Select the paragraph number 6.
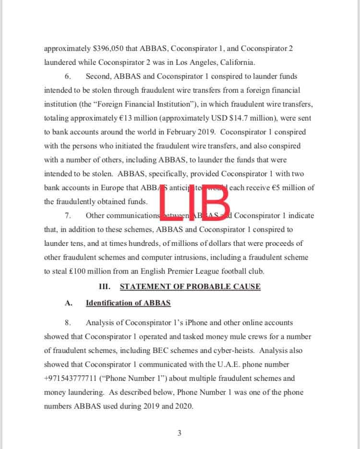click(x=68, y=76)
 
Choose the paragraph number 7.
click(x=68, y=216)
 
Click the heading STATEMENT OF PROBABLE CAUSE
click(x=190, y=287)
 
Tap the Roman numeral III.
click(x=105, y=287)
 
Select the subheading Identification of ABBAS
click(x=128, y=303)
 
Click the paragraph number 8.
click(x=68, y=323)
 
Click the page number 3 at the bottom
click(x=180, y=434)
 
